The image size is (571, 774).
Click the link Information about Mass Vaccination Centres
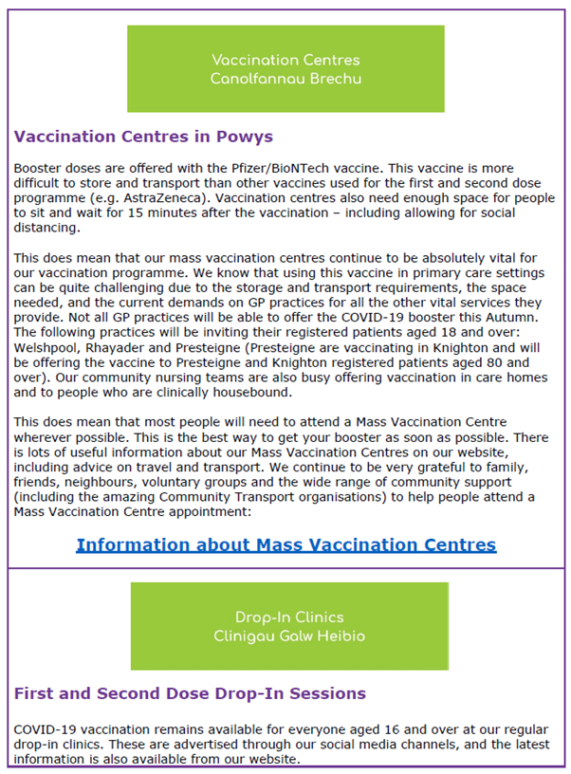click(285, 544)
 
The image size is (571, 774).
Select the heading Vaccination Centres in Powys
click(143, 137)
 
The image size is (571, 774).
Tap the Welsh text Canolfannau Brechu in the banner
click(285, 79)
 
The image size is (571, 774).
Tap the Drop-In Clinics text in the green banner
click(289, 617)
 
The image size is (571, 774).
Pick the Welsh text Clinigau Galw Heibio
click(289, 636)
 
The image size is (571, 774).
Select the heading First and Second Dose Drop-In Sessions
click(190, 693)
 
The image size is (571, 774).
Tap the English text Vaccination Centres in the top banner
click(285, 60)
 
